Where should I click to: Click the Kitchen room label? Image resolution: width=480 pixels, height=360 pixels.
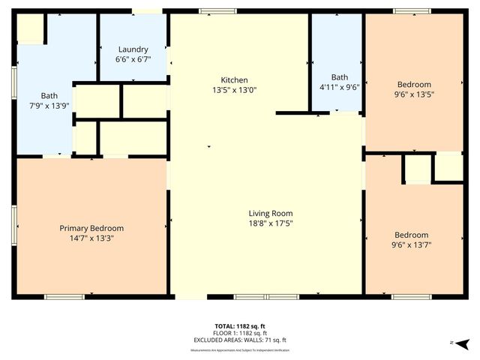click(x=234, y=80)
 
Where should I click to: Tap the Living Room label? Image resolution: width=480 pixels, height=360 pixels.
click(x=271, y=213)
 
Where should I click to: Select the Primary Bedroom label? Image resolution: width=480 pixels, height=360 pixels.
click(x=91, y=228)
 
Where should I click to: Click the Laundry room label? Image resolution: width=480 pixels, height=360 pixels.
click(x=132, y=49)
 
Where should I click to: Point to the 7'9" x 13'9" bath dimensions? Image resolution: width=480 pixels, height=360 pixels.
click(x=49, y=106)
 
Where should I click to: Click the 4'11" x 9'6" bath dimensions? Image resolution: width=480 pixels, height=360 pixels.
click(x=340, y=86)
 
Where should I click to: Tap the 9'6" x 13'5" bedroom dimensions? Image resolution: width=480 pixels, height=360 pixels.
click(x=414, y=94)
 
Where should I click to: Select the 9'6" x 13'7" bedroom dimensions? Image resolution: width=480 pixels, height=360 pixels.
click(x=412, y=244)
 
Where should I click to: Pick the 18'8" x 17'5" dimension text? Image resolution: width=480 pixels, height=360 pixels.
click(x=271, y=223)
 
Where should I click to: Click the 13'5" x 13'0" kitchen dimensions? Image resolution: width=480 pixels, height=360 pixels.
click(x=234, y=90)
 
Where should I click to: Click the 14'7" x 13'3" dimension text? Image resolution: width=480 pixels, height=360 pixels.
click(x=91, y=238)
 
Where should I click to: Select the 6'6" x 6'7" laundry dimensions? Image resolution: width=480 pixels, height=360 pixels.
click(x=132, y=59)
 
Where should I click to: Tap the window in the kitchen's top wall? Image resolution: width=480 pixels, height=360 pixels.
click(x=223, y=10)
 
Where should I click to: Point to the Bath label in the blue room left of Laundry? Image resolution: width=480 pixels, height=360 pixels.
click(x=49, y=96)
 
